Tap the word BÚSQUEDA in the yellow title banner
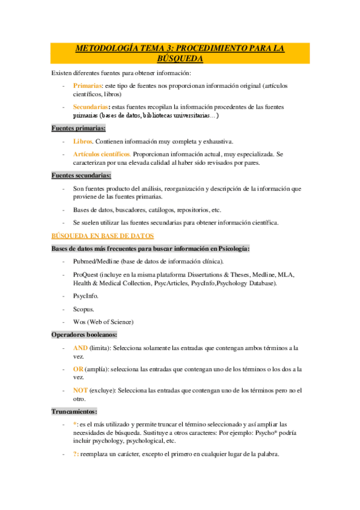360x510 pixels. [x=180, y=58]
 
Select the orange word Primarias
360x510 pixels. [x=87, y=86]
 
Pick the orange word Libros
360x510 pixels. [x=83, y=141]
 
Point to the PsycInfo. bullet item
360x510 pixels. [x=86, y=296]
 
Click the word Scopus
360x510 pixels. [x=84, y=309]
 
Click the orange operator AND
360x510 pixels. [x=80, y=348]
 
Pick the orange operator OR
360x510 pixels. [x=78, y=369]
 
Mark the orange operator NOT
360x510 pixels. [x=81, y=390]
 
